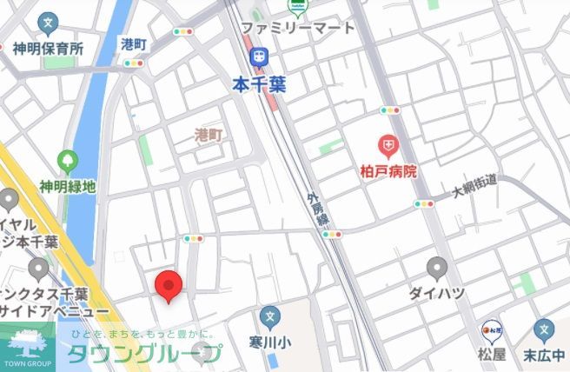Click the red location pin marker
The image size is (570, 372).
[168, 286]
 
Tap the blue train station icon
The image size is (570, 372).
[257, 56]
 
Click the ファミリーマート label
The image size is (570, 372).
[298, 28]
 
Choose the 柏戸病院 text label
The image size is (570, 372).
[388, 171]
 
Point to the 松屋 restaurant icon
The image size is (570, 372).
[492, 330]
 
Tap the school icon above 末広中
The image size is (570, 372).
[545, 329]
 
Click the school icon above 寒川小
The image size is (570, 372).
[270, 316]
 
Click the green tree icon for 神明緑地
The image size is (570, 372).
[67, 162]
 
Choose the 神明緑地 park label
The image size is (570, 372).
[68, 187]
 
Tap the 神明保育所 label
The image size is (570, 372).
[48, 49]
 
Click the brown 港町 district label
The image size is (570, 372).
[209, 135]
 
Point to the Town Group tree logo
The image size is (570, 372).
[26, 342]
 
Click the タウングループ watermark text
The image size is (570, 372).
[144, 354]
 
